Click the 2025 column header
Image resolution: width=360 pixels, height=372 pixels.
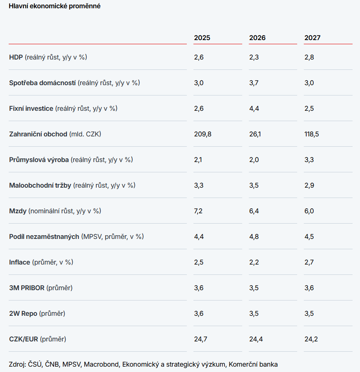(x=202, y=38)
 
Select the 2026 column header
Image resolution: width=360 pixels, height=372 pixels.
(x=257, y=38)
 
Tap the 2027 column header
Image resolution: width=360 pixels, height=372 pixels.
(x=312, y=38)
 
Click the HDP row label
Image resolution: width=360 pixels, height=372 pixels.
(x=48, y=57)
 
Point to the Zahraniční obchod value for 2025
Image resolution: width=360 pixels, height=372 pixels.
(x=203, y=134)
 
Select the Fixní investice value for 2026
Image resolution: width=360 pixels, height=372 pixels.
(x=254, y=109)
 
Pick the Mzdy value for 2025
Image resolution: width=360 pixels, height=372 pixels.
(x=198, y=211)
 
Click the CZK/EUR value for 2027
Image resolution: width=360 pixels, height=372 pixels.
(x=311, y=339)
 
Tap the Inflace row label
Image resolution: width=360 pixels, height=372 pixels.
(x=41, y=262)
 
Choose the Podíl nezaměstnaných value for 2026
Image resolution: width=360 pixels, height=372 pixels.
(x=254, y=237)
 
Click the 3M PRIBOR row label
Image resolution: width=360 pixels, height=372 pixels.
(x=41, y=288)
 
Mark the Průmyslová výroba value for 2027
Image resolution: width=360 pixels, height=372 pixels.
(x=309, y=160)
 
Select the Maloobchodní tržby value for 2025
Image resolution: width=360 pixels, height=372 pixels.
(x=199, y=186)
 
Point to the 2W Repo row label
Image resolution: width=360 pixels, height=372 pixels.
(x=37, y=314)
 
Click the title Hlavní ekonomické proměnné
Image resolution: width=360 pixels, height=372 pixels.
(x=55, y=6)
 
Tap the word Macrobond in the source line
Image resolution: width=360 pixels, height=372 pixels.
(x=101, y=365)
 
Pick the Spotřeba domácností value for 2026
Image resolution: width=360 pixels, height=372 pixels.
(x=254, y=83)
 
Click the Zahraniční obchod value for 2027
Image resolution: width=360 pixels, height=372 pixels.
(x=312, y=134)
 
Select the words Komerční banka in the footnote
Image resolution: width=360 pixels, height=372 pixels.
(x=253, y=365)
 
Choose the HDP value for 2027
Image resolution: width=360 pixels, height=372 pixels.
(x=309, y=57)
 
